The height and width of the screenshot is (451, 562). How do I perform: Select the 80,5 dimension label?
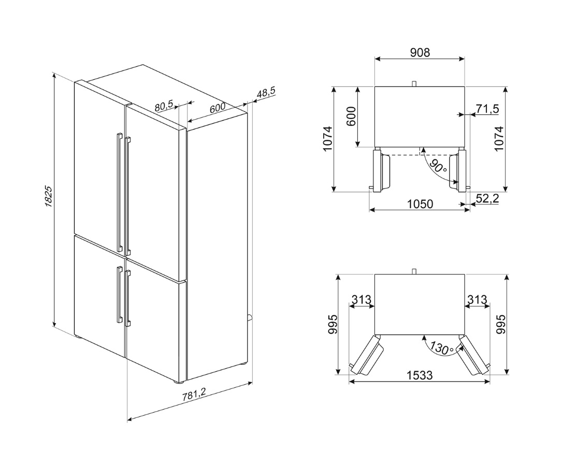(x=164, y=106)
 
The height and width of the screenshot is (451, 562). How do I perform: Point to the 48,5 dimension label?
(x=266, y=93)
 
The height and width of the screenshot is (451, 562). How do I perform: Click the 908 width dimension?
(x=420, y=52)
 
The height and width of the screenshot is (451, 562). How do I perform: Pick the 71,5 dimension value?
(x=487, y=109)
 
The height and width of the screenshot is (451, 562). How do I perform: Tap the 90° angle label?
(x=438, y=167)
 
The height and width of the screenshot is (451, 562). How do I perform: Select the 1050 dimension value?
(x=420, y=204)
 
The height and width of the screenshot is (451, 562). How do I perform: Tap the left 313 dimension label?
(x=361, y=299)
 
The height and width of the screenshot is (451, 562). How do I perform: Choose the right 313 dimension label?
(x=477, y=299)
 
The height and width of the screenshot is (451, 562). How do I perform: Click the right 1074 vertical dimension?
(x=499, y=138)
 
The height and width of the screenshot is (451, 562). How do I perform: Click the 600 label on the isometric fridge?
(x=217, y=109)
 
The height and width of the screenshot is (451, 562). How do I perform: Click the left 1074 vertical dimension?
(x=327, y=138)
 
